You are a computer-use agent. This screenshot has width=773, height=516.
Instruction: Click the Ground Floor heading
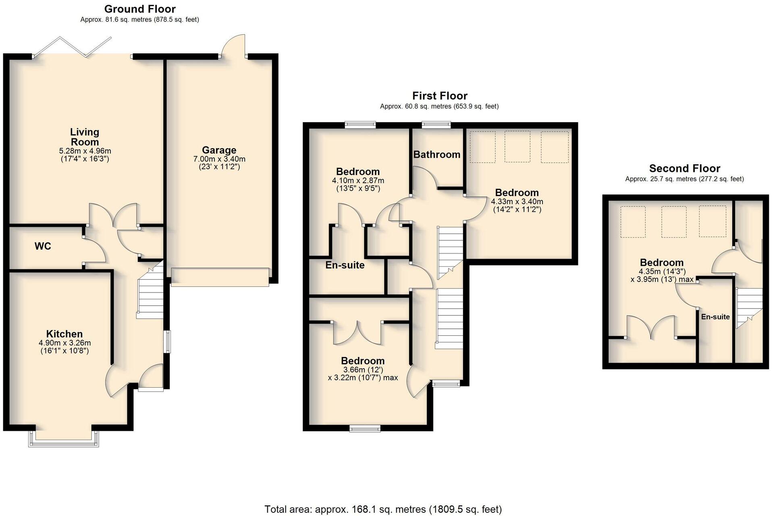tap(140, 9)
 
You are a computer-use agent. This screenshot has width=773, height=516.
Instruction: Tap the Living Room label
tap(84, 137)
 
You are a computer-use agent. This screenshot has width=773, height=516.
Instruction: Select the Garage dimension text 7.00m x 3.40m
tap(219, 159)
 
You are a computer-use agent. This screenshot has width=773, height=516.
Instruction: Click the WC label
tap(43, 246)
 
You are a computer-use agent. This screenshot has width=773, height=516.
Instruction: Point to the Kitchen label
tap(64, 334)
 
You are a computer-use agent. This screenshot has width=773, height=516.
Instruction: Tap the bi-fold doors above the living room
tap(73, 47)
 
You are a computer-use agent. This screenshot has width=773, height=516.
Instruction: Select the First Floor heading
tap(439, 96)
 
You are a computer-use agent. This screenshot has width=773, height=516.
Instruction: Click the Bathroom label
tap(436, 155)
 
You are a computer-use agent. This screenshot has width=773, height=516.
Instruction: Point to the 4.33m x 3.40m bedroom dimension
tap(517, 201)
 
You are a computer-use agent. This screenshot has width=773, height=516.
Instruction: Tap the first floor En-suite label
tap(345, 265)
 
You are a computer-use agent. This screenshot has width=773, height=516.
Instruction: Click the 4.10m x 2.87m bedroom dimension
tap(358, 180)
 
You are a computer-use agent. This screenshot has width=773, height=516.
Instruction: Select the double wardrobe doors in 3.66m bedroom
tap(357, 333)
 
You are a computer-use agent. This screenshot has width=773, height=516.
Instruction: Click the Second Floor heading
tap(684, 169)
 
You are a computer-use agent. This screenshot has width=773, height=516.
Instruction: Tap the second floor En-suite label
tap(715, 317)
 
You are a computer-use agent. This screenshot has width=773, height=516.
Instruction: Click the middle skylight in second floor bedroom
tap(673, 221)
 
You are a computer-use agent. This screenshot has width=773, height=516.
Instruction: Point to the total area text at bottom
tap(383, 509)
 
